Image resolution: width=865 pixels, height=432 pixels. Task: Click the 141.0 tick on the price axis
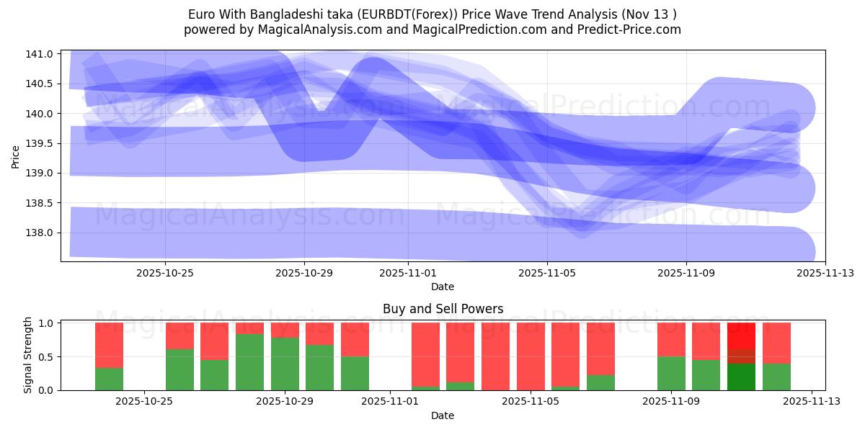[40, 54]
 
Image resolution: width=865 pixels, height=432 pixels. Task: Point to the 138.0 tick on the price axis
[40, 233]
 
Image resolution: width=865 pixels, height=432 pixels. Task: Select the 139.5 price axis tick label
[40, 143]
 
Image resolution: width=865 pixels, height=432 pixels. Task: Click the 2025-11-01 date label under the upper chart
[408, 273]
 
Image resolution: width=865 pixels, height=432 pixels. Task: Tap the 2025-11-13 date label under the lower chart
[812, 402]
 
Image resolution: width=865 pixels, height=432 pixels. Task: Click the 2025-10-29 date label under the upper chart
[304, 273]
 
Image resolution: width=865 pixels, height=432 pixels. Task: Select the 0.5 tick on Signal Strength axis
[45, 357]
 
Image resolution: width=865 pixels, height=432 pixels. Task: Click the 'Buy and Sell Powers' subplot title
[443, 310]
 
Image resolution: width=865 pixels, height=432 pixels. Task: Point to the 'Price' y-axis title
[16, 156]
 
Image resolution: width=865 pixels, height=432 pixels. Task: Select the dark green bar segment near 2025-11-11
[741, 377]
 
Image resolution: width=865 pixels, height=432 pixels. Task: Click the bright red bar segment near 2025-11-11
[741, 336]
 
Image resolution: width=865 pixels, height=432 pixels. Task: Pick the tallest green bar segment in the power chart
[249, 362]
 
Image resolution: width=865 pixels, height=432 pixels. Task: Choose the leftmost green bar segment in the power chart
[109, 379]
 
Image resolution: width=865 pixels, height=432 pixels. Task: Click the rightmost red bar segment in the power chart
[776, 343]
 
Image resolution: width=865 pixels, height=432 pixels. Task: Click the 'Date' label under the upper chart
[443, 287]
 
